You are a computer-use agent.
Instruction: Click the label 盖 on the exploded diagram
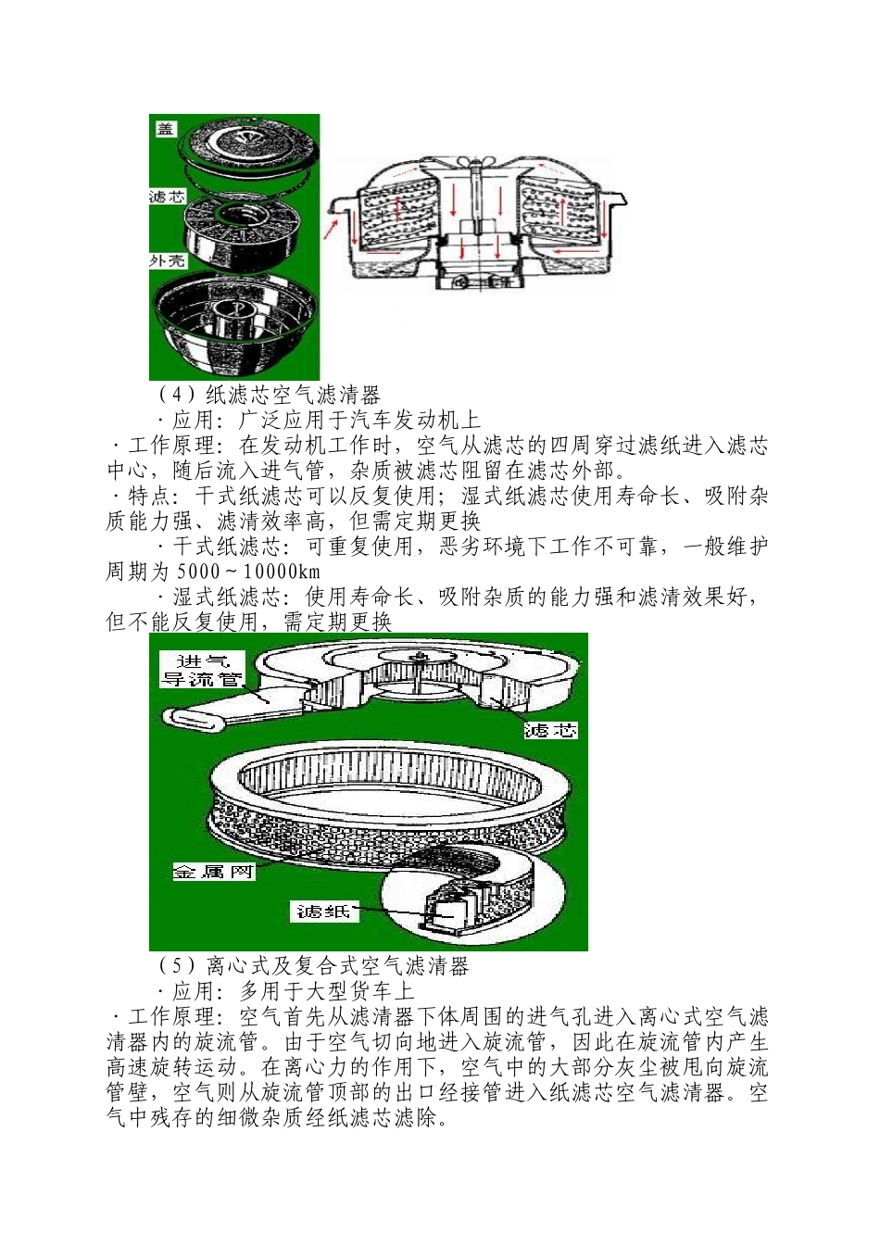(165, 129)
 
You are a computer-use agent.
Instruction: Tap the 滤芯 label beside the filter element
(167, 196)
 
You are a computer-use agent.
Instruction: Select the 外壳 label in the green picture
(168, 261)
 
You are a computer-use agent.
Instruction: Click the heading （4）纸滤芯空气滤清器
(270, 396)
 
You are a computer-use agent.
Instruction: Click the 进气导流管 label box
(203, 670)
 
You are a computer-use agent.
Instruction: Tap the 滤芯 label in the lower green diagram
(550, 730)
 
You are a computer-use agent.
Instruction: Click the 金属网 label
(213, 871)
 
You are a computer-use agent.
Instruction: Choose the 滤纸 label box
(323, 912)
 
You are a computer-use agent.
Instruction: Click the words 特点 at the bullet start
(149, 496)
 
